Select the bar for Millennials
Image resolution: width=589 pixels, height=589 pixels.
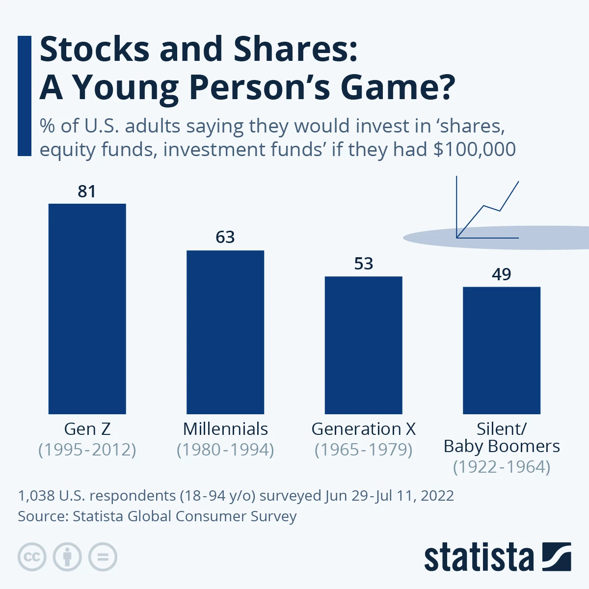pyautogui.click(x=225, y=332)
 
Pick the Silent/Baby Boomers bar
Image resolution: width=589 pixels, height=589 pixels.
pyautogui.click(x=501, y=350)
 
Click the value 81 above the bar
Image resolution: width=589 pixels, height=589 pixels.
pyautogui.click(x=87, y=191)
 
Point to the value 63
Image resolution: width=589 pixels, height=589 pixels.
pyautogui.click(x=225, y=238)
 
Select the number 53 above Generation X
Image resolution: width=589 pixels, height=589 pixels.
pyautogui.click(x=363, y=264)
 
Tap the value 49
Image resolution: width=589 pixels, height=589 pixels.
pyautogui.click(x=501, y=274)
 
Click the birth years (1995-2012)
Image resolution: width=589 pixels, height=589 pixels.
pyautogui.click(x=87, y=450)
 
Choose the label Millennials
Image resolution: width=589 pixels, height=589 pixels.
pyautogui.click(x=225, y=429)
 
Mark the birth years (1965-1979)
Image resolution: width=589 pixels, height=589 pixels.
pyautogui.click(x=363, y=450)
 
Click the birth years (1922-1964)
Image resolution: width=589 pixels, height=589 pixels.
pyautogui.click(x=501, y=467)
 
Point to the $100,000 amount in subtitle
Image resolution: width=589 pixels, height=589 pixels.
pyautogui.click(x=474, y=149)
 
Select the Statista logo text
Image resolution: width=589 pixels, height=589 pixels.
pyautogui.click(x=479, y=558)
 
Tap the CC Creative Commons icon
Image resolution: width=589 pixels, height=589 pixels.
pyautogui.click(x=32, y=557)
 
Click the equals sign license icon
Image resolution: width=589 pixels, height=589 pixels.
pyautogui.click(x=103, y=557)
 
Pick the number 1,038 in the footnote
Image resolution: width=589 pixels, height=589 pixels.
pyautogui.click(x=36, y=495)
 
